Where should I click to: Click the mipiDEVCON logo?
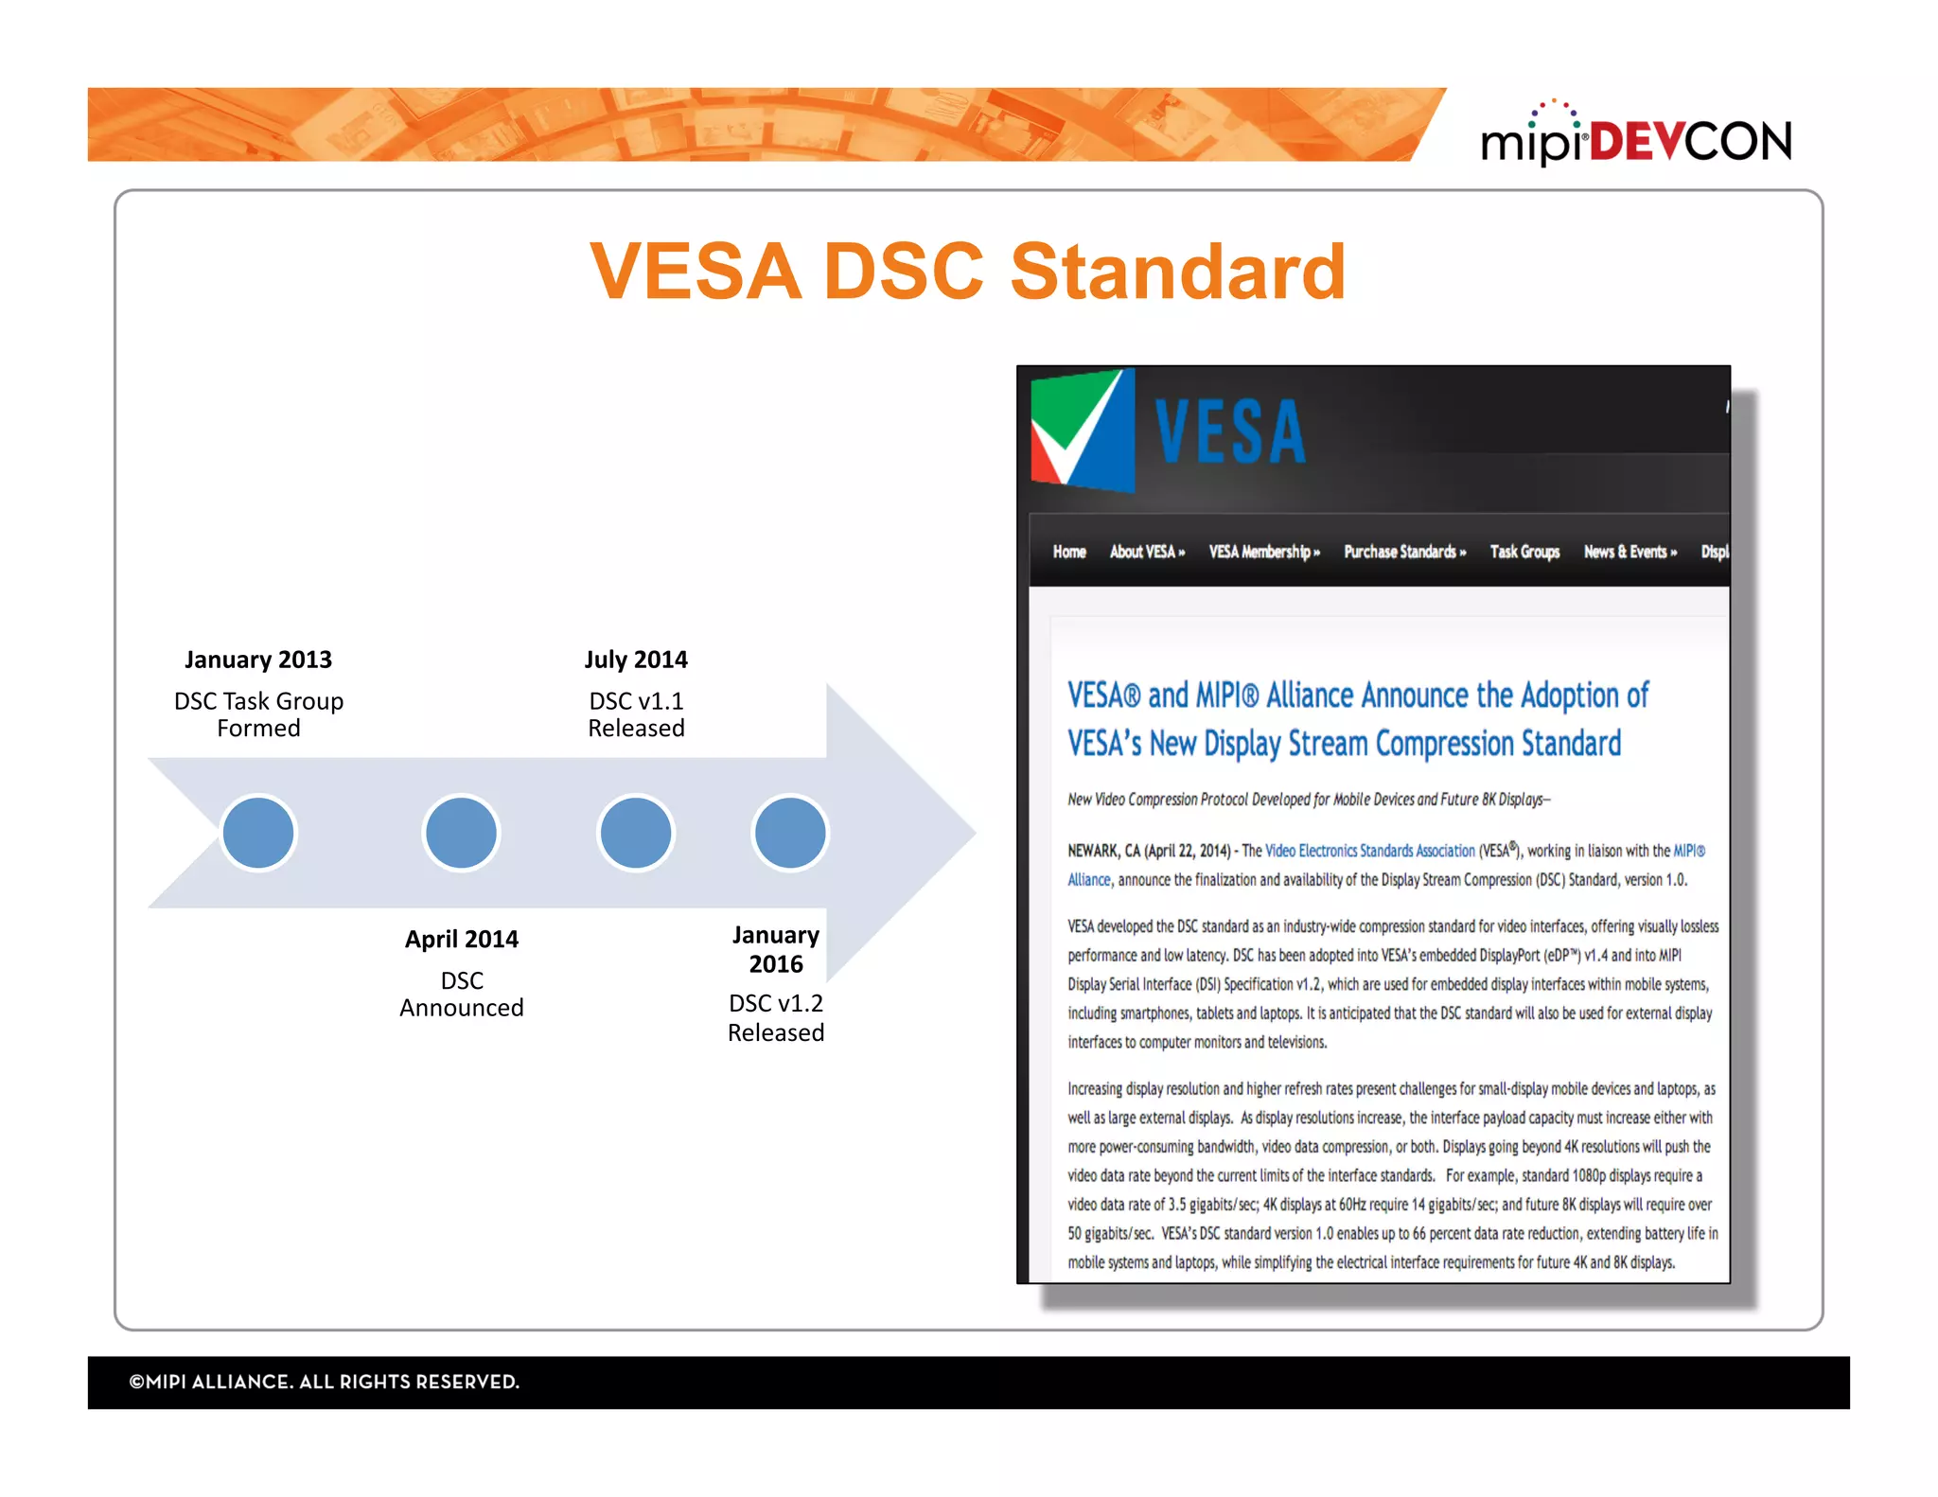pos(1635,137)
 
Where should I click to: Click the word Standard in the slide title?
pos(1177,272)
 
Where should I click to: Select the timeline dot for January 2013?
pos(257,833)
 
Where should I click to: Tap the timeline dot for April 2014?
pos(461,833)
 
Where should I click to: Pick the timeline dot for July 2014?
pos(636,833)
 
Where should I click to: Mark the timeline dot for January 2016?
pos(790,833)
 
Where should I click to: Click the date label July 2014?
pos(636,660)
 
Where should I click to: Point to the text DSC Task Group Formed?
pos(258,714)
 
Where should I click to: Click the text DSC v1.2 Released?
pos(776,1017)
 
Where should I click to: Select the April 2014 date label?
pos(462,939)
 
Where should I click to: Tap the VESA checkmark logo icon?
pos(1082,431)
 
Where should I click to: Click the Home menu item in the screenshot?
pos(1069,552)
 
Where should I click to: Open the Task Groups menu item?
pos(1524,552)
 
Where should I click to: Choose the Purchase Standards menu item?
pos(1404,552)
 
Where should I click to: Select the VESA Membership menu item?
pos(1263,552)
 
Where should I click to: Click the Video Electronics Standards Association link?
pos(1369,851)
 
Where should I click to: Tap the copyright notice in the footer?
pos(325,1382)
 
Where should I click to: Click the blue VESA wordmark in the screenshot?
pos(1230,432)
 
